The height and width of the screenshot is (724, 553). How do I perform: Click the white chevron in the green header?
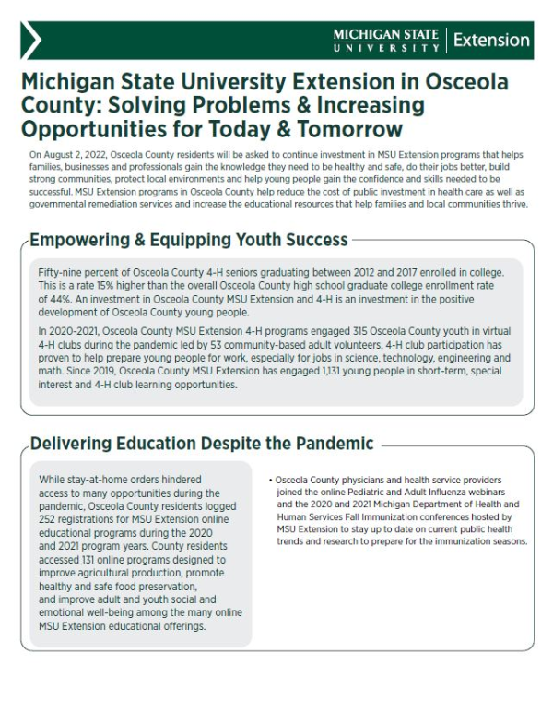pyautogui.click(x=31, y=41)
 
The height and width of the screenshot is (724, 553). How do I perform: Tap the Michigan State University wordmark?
pyautogui.click(x=386, y=40)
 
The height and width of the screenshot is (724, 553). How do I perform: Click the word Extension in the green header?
pyautogui.click(x=491, y=41)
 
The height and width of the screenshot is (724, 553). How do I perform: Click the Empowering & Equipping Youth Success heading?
pyautogui.click(x=189, y=241)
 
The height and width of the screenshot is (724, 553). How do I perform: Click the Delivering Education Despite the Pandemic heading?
pyautogui.click(x=202, y=444)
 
